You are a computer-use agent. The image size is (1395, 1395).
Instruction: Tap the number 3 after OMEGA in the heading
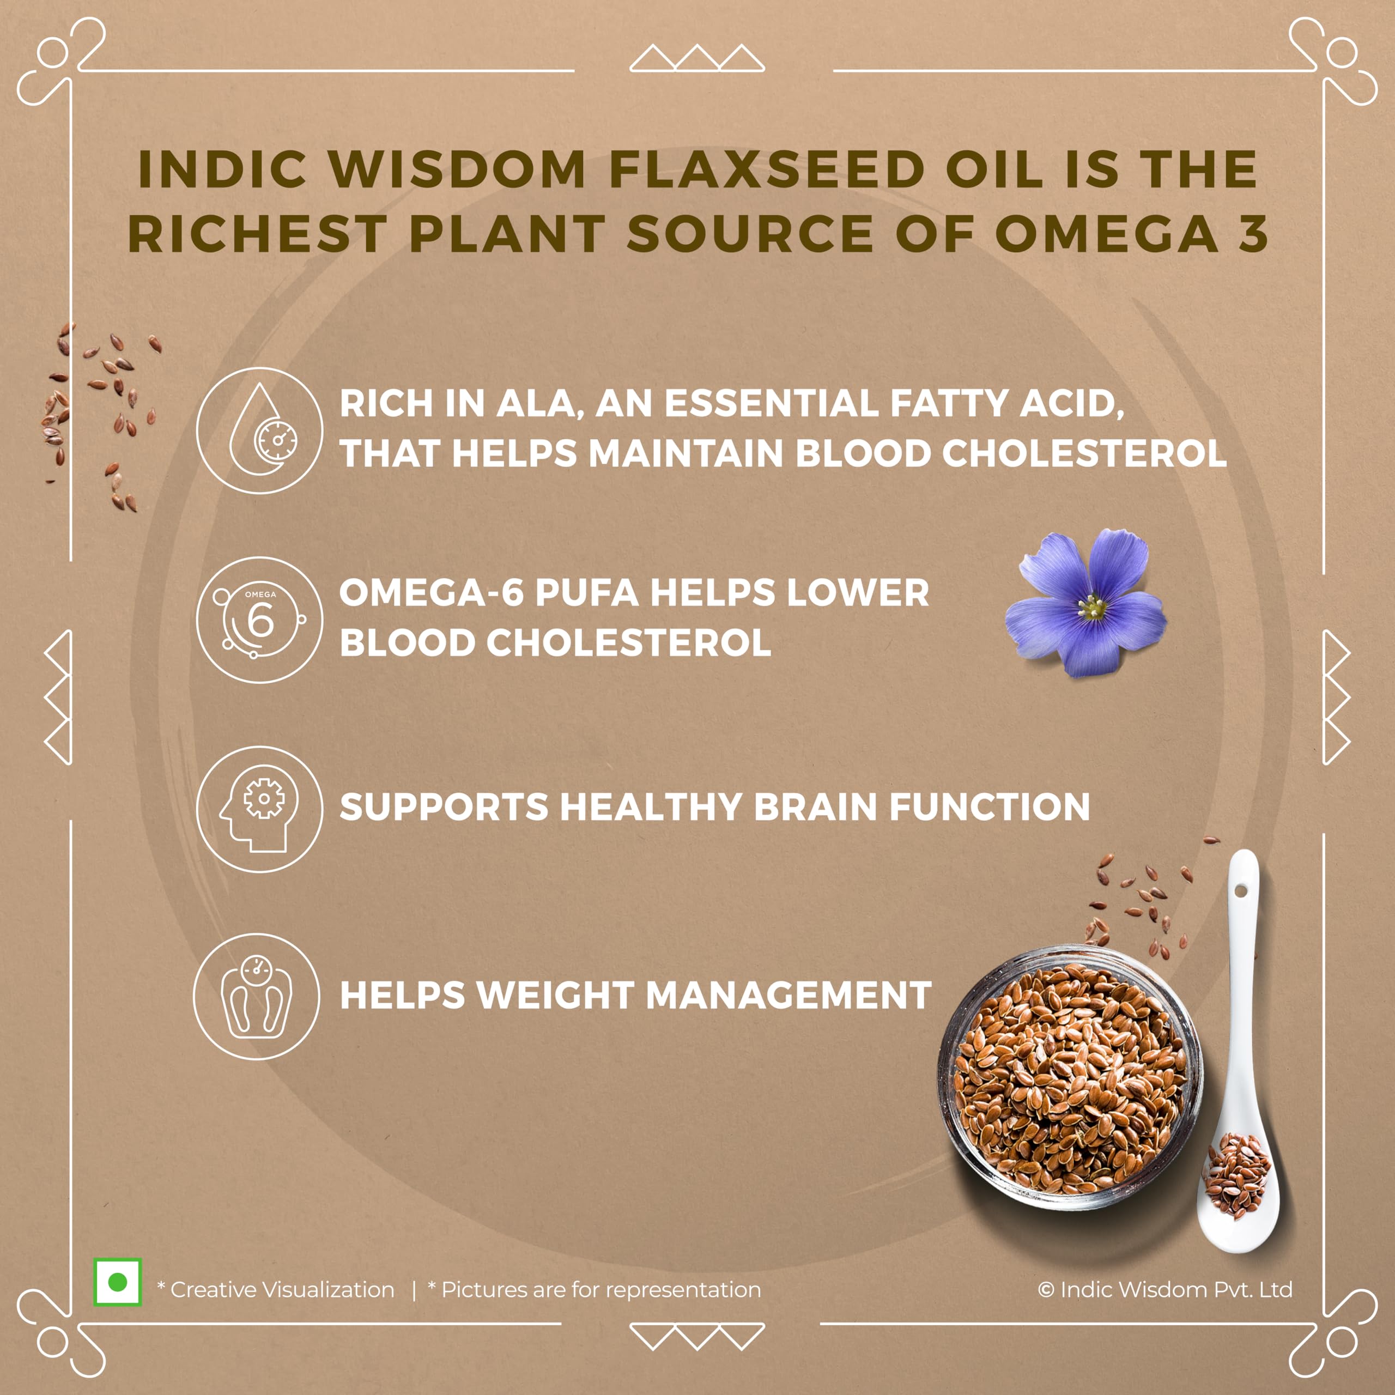tap(1253, 234)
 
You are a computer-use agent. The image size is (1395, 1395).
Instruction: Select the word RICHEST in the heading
tap(258, 234)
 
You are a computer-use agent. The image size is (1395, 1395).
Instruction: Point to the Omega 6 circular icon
tap(260, 620)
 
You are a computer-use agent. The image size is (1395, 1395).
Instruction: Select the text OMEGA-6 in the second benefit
tap(431, 593)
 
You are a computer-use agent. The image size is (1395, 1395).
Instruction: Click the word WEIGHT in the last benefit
tap(555, 995)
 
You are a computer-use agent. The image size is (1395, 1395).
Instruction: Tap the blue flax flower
tap(1085, 602)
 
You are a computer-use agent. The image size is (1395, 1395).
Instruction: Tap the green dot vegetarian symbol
tap(118, 1282)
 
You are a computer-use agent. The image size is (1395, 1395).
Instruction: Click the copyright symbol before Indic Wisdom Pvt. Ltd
tap(1046, 1290)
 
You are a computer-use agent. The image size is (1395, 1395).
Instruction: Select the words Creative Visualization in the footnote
tap(282, 1290)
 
